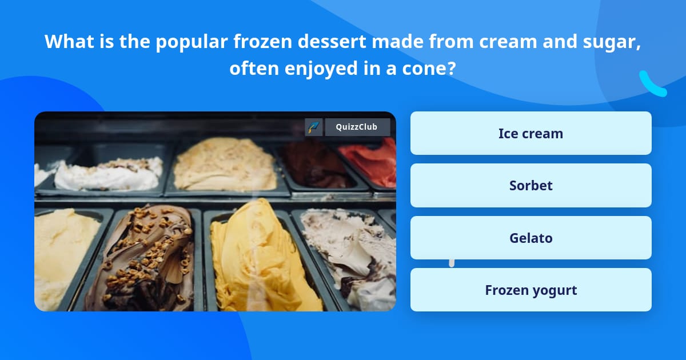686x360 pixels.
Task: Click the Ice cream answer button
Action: [531, 133]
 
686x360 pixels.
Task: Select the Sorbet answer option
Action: [531, 186]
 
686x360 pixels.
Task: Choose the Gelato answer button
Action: [531, 238]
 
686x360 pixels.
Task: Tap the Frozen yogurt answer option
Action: [531, 290]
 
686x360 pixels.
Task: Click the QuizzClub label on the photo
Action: [357, 127]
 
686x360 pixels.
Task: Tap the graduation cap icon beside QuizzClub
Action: [314, 127]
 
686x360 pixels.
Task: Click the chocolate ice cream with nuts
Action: [146, 257]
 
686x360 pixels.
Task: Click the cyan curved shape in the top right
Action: [652, 85]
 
